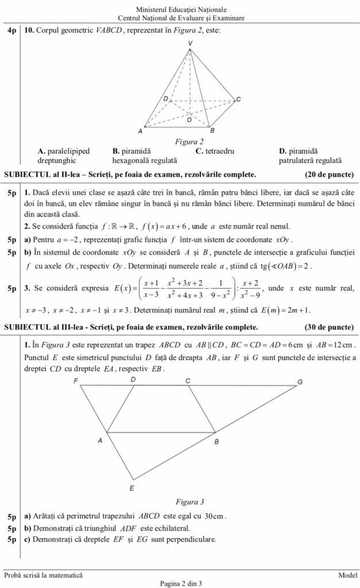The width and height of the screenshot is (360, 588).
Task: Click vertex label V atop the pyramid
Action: [190, 44]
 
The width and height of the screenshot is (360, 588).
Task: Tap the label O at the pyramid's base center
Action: [189, 121]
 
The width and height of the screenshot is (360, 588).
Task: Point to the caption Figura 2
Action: [189, 142]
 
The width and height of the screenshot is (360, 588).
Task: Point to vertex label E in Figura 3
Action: [131, 488]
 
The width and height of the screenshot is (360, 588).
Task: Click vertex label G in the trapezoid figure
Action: [300, 382]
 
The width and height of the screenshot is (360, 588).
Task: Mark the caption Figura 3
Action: [189, 501]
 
